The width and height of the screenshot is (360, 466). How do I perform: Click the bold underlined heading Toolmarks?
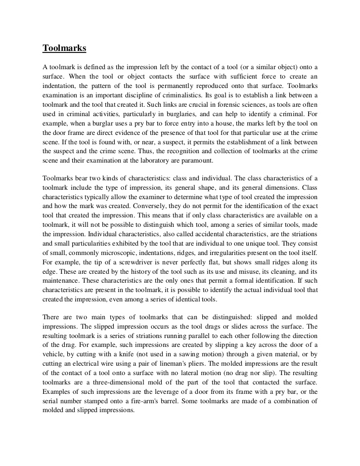tap(64, 48)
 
